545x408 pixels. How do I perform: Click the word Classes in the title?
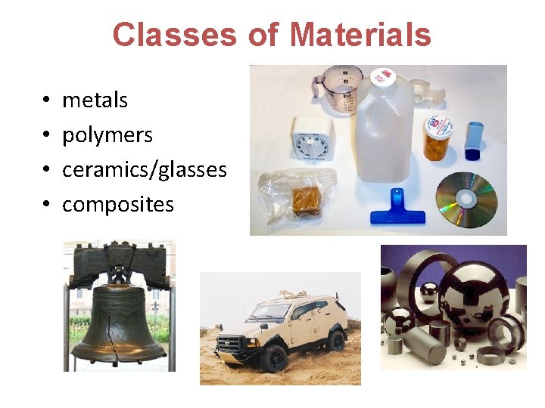click(x=173, y=35)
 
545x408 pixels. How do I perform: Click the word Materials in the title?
click(x=360, y=35)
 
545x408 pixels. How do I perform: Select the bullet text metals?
click(x=95, y=100)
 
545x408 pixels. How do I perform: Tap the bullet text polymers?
click(x=107, y=134)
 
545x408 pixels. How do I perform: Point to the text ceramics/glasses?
click(x=144, y=169)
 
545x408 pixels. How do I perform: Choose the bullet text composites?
click(x=117, y=204)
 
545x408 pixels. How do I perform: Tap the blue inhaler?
click(x=474, y=141)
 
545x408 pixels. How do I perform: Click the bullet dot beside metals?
click(x=46, y=100)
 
